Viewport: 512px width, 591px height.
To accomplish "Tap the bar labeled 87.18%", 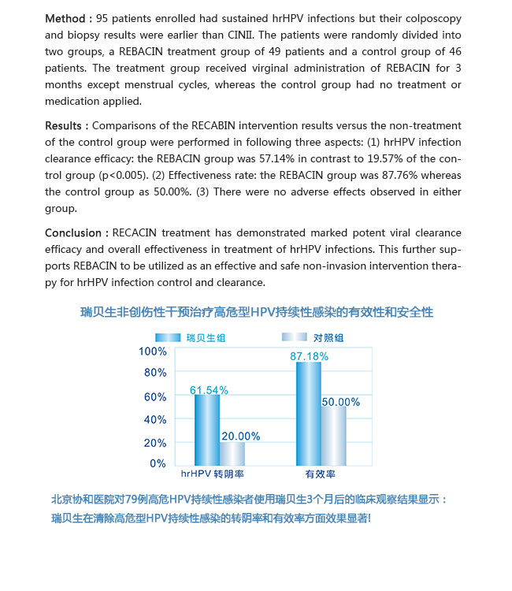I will pyautogui.click(x=309, y=413).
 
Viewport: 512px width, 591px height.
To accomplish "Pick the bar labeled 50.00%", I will pyautogui.click(x=333, y=435).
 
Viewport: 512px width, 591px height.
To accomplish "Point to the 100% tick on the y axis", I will pyautogui.click(x=152, y=351).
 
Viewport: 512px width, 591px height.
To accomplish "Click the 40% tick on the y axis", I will pyautogui.click(x=154, y=420).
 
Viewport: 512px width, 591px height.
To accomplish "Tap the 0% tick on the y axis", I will pyautogui.click(x=158, y=464).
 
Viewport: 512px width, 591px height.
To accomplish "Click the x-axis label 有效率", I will pyautogui.click(x=321, y=476).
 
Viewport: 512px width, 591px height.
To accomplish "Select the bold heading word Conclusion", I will pyautogui.click(x=75, y=233).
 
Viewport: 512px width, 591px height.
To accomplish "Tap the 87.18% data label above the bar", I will pyautogui.click(x=309, y=356).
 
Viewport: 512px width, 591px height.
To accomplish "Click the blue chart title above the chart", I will pyautogui.click(x=257, y=312).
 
